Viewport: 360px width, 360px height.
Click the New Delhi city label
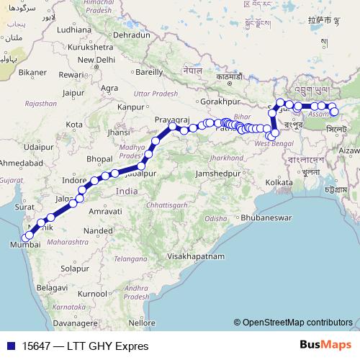96,59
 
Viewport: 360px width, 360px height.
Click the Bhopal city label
99,158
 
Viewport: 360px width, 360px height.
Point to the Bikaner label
32,73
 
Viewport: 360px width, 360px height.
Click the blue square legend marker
10,346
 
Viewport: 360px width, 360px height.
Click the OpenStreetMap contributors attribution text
297,323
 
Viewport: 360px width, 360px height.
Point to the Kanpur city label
130,107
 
